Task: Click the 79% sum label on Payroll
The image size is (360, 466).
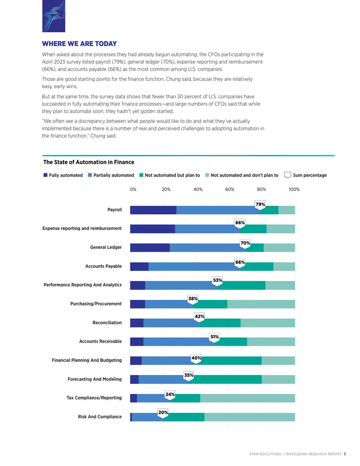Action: pos(260,204)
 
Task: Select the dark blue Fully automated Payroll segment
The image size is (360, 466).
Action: pos(153,210)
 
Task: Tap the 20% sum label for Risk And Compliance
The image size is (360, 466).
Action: pos(163,413)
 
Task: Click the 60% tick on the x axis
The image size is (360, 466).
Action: pos(229,189)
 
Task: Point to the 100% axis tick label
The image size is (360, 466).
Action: pos(294,189)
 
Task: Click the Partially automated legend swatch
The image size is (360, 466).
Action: pos(90,175)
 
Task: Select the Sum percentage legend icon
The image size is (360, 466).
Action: pos(288,175)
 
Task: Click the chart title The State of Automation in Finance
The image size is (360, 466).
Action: pos(89,162)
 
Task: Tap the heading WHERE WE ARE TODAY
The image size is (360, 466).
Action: pos(79,44)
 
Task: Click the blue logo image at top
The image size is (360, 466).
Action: pos(54,16)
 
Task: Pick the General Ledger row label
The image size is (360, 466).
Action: pos(106,247)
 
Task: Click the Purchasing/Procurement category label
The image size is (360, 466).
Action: pos(96,304)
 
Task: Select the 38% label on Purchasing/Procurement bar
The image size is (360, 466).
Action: pos(193,299)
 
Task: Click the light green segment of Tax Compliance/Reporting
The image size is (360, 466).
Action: pos(247,398)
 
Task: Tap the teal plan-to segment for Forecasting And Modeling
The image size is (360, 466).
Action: pos(225,380)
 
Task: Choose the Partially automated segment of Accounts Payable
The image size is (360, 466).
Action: pos(194,267)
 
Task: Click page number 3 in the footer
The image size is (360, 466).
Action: pos(345,454)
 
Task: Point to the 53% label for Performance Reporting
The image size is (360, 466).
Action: pos(217,281)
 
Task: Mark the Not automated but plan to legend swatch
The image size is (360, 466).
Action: pos(141,175)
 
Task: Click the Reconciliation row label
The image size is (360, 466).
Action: pos(107,323)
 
